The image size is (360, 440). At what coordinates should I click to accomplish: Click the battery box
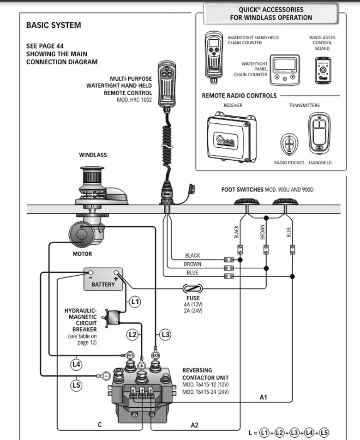[103, 279]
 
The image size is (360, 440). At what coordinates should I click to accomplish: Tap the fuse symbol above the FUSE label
[192, 289]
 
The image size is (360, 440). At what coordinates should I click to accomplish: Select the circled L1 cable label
[134, 302]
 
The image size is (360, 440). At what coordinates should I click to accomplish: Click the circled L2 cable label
[132, 334]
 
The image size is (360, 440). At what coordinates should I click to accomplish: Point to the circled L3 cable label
[165, 334]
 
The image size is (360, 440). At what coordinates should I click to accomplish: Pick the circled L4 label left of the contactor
[76, 364]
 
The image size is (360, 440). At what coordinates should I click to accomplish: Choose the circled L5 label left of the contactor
[76, 384]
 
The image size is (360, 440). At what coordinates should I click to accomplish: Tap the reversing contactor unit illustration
[143, 392]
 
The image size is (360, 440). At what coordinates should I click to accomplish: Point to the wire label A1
[263, 397]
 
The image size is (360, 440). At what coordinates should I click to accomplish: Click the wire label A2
[194, 425]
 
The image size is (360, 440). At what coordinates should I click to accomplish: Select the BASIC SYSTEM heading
[54, 25]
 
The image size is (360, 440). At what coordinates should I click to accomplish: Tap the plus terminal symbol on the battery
[116, 278]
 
